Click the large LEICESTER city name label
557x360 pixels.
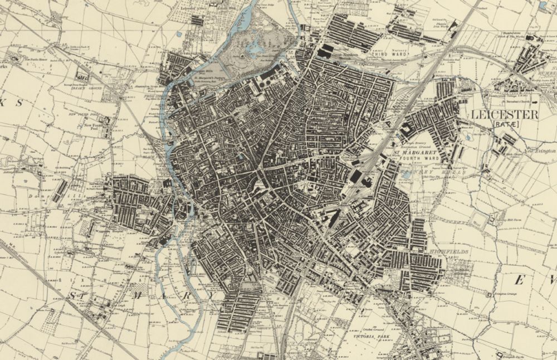[x=505, y=115]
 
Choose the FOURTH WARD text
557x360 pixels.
[x=418, y=159]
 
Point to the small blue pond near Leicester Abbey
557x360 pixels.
[x=178, y=35]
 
